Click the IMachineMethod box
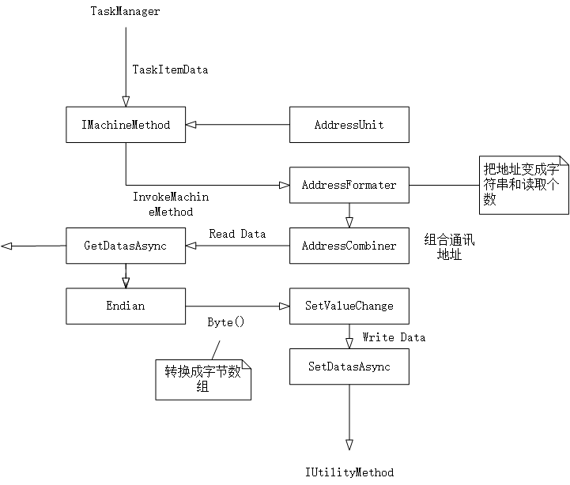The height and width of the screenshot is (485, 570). pos(126,125)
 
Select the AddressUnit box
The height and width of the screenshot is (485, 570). pos(349,125)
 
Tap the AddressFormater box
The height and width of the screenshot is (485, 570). pos(349,186)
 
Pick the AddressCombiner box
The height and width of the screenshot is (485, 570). pos(349,246)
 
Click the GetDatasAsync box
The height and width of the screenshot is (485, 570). pos(126,246)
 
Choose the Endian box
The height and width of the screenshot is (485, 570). pos(126,306)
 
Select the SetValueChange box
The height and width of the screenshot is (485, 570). pos(349,306)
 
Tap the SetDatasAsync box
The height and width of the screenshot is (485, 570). pos(349,367)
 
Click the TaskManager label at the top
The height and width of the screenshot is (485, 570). pos(125,12)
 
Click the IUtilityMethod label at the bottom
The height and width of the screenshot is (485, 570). pos(349,472)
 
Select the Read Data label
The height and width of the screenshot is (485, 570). pos(237,234)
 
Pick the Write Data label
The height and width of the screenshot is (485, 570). pos(394,337)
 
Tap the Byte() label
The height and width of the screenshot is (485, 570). pos(226,322)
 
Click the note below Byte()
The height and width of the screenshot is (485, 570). pos(203,378)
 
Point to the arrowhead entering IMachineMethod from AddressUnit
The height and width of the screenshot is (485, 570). pos(191,125)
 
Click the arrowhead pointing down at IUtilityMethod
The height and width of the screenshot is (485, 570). pos(349,445)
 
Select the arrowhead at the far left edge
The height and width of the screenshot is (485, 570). pos(6,246)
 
